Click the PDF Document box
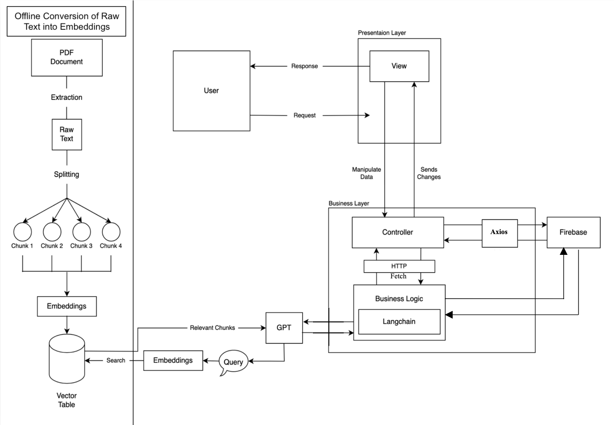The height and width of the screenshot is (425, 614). (x=67, y=57)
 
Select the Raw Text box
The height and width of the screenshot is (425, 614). (x=67, y=134)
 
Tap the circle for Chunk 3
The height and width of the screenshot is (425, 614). (x=81, y=232)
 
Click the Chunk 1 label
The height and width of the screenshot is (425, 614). (x=22, y=246)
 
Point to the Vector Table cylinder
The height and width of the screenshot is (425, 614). (x=67, y=359)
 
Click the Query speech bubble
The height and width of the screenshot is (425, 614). (x=233, y=362)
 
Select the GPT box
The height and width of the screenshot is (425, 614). (x=284, y=328)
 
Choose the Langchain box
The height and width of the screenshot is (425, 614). (x=399, y=321)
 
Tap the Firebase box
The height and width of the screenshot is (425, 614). (x=573, y=232)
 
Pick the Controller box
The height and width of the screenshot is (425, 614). (x=397, y=232)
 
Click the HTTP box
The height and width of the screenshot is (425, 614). (x=399, y=266)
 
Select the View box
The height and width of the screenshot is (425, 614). (x=399, y=66)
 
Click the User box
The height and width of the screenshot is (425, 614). (x=211, y=91)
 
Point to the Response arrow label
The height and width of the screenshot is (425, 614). (x=305, y=66)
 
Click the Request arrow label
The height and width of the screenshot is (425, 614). (x=305, y=115)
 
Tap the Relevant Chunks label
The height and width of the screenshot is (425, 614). (x=212, y=328)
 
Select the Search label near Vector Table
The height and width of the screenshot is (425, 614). (x=116, y=360)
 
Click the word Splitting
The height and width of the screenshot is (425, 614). (x=66, y=174)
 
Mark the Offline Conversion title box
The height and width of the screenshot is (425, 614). (x=66, y=22)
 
